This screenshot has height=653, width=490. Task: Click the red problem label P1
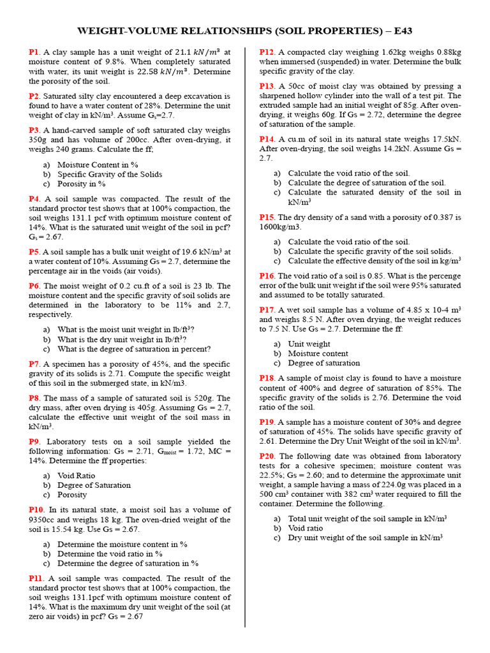point(34,52)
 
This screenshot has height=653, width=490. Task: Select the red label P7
point(34,364)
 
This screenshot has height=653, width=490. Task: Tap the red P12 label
point(267,52)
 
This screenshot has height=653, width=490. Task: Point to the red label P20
point(267,456)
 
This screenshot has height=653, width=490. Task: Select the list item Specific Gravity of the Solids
point(110,174)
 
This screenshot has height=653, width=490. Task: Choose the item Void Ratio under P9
point(76,476)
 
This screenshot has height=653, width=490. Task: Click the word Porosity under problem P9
point(72,495)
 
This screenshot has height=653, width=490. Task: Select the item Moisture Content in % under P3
point(98,165)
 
